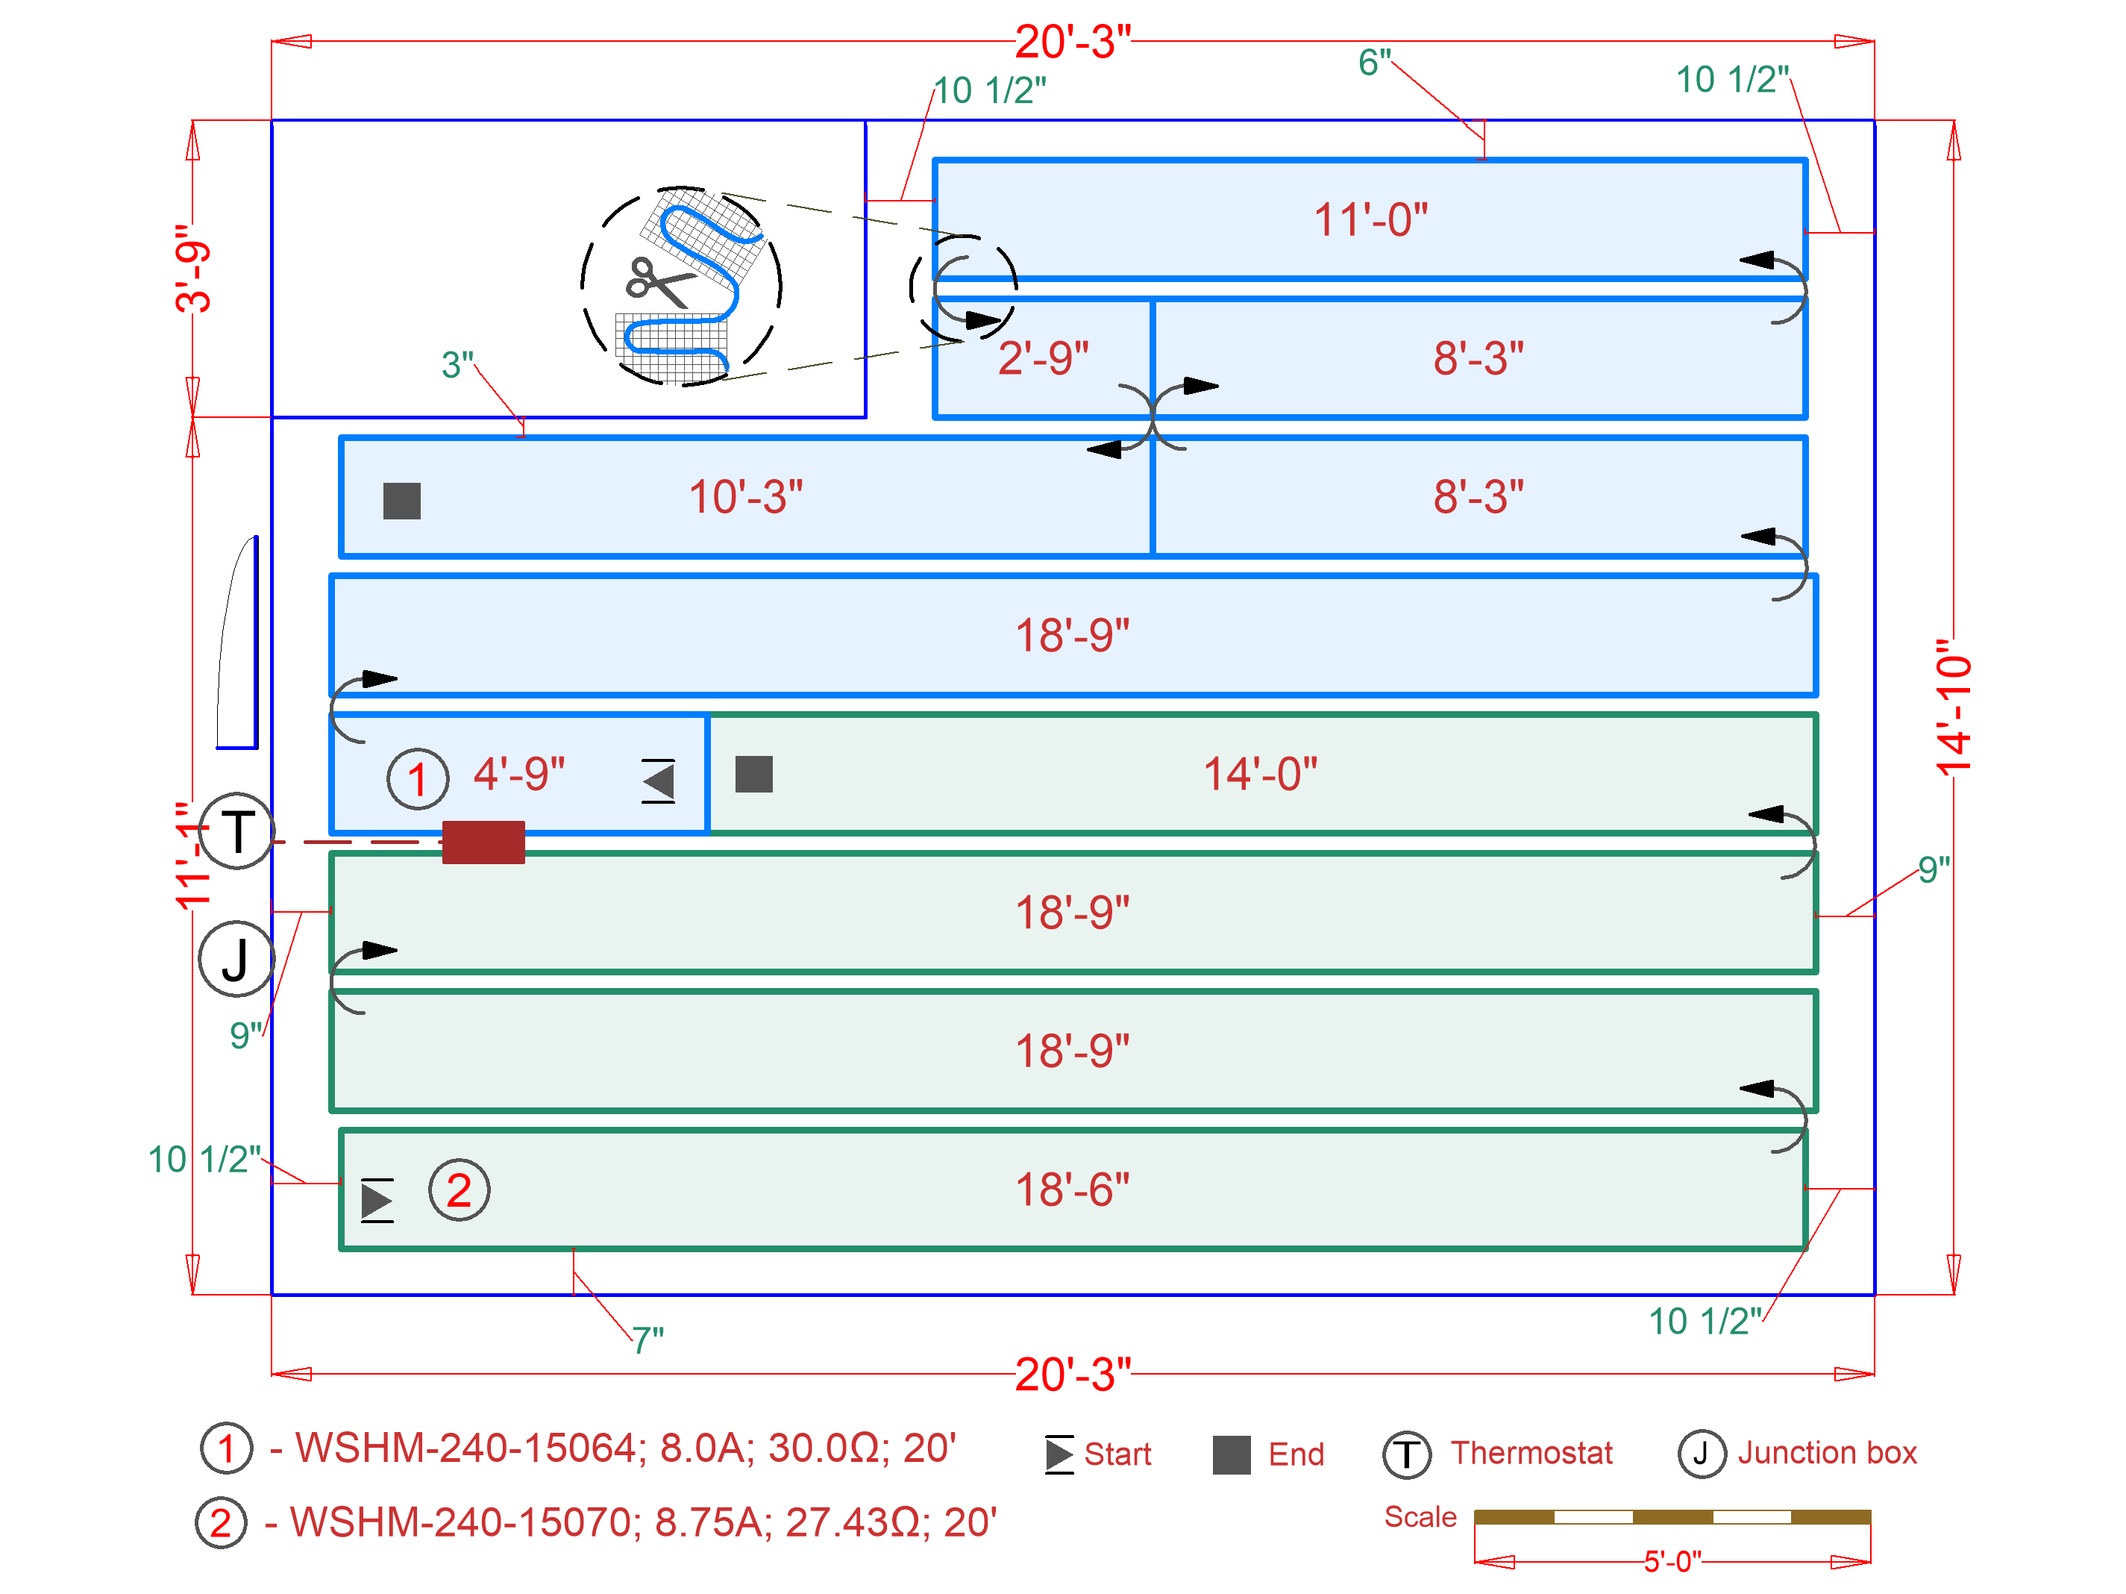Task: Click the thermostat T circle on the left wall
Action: (x=237, y=831)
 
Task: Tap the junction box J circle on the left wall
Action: (x=236, y=958)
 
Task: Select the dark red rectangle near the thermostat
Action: (x=483, y=843)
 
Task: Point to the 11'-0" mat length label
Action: (x=1370, y=220)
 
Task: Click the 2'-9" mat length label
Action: (x=1043, y=357)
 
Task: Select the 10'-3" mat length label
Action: (x=745, y=497)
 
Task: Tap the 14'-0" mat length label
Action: (x=1260, y=774)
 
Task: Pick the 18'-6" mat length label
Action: (x=1073, y=1190)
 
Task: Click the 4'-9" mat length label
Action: (x=519, y=774)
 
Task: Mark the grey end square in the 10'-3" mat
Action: (x=402, y=501)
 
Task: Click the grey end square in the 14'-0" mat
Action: (x=753, y=774)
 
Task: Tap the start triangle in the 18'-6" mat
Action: (x=377, y=1200)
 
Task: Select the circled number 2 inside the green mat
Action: (x=460, y=1190)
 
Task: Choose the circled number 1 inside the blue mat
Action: (x=417, y=779)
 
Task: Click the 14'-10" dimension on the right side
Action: (x=1954, y=707)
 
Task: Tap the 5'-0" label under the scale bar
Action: (x=1672, y=1561)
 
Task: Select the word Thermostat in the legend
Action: (x=1531, y=1453)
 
